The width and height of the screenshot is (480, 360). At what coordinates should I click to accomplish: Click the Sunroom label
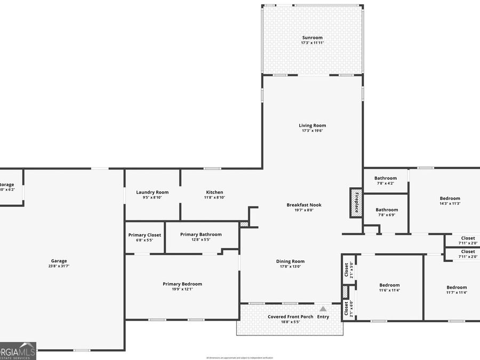313,37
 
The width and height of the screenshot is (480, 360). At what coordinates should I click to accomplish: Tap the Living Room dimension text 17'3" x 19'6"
313,131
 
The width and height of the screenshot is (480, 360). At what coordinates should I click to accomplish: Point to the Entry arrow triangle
323,308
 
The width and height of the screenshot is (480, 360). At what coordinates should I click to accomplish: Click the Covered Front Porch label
291,317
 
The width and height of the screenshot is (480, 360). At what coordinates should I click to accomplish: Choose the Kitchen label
214,192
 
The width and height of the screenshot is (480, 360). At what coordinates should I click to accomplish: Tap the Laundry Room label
152,192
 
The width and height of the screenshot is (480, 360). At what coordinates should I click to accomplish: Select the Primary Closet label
145,235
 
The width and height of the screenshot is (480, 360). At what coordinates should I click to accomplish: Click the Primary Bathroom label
201,234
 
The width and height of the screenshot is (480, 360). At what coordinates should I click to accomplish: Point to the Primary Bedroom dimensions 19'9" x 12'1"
182,289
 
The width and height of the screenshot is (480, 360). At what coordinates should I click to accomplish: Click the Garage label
59,261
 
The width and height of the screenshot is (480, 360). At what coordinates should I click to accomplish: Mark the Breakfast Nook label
304,205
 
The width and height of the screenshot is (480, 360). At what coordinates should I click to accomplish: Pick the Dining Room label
290,261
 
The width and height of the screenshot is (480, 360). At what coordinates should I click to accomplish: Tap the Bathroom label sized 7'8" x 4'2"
385,178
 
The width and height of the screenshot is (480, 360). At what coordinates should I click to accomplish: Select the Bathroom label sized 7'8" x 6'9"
386,210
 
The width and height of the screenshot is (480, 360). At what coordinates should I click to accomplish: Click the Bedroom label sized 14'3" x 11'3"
450,198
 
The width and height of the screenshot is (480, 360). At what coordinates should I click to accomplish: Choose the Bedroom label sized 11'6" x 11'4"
389,285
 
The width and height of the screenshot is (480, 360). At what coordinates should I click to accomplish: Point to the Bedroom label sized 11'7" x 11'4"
457,287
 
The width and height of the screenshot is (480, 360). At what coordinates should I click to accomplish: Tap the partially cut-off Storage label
7,185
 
